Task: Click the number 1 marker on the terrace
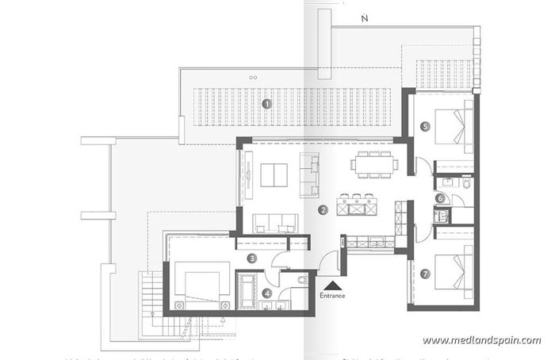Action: pyautogui.click(x=266, y=103)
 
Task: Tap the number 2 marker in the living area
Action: pyautogui.click(x=323, y=210)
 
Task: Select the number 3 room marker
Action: pyautogui.click(x=251, y=258)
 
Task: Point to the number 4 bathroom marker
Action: pyautogui.click(x=266, y=293)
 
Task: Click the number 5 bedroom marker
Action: pyautogui.click(x=426, y=125)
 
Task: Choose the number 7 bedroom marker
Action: pyautogui.click(x=426, y=274)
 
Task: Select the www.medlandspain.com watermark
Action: pyautogui.click(x=481, y=340)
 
